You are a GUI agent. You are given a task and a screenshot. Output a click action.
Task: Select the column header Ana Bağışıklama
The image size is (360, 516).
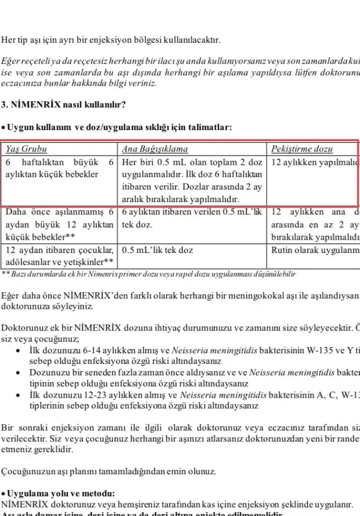155,149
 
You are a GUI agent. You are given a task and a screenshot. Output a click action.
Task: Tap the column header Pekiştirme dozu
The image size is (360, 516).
309,149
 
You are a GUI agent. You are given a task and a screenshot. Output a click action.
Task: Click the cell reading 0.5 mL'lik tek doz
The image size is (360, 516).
158,250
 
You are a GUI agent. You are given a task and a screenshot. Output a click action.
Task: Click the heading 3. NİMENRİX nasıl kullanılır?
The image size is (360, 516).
63,105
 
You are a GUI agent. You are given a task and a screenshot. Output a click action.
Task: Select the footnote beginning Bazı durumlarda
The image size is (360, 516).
151,274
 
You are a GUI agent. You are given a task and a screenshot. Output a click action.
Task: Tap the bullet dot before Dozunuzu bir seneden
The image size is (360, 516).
19,373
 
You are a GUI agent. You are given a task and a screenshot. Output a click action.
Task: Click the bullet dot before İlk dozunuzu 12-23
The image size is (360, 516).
19,395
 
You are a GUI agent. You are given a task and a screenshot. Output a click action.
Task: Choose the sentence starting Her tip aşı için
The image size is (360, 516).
111,40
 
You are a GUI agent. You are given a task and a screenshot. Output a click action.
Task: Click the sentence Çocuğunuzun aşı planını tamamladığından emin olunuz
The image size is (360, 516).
109,472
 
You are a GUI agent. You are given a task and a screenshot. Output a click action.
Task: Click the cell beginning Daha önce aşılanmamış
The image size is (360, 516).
59,224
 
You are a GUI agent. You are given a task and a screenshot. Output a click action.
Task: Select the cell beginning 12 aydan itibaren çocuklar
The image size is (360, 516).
59,255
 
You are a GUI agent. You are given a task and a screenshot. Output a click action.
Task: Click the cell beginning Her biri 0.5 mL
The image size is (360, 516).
192,174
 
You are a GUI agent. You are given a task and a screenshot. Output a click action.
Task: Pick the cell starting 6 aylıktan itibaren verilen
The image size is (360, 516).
192,218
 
